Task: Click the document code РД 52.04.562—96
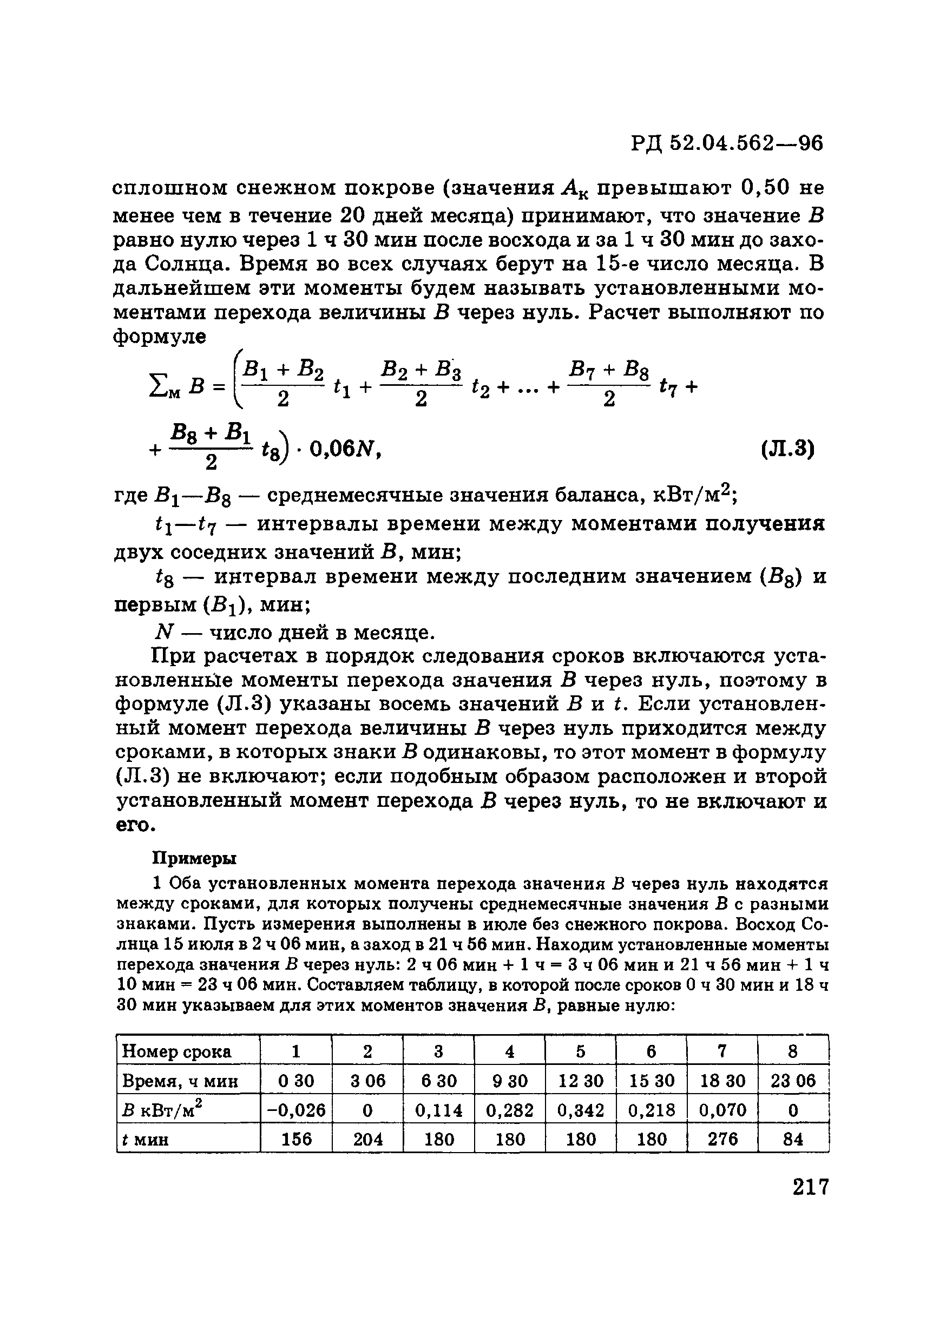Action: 727,143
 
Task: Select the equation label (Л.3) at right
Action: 787,450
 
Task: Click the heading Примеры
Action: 194,858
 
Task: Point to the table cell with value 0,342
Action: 580,1110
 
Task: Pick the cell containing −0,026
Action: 296,1110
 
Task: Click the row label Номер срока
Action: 176,1052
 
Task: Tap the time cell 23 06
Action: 793,1081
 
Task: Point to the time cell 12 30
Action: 580,1081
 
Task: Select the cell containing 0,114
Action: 438,1110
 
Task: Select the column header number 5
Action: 580,1052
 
